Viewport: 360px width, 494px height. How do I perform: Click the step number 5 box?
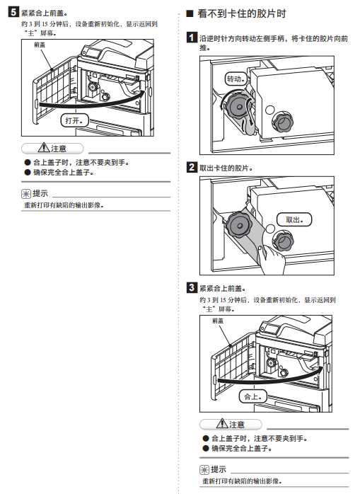click(x=13, y=12)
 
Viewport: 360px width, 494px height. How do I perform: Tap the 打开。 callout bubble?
click(x=75, y=120)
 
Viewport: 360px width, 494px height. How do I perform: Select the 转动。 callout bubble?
click(x=236, y=79)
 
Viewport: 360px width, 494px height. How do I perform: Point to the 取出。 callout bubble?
click(x=294, y=219)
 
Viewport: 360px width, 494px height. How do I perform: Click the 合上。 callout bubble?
click(x=253, y=396)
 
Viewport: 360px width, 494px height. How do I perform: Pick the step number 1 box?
click(x=192, y=38)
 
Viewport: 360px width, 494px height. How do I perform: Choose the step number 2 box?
click(x=192, y=167)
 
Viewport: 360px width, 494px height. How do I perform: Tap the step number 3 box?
click(x=192, y=287)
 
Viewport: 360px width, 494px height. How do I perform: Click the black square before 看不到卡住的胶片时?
click(x=190, y=13)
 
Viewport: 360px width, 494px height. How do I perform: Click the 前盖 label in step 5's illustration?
click(x=40, y=45)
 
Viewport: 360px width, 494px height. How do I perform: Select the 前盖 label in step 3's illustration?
click(x=218, y=321)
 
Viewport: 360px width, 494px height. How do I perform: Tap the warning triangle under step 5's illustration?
click(x=44, y=148)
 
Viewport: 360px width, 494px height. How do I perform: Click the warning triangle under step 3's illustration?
click(x=222, y=424)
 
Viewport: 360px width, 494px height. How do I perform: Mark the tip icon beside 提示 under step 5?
click(x=26, y=193)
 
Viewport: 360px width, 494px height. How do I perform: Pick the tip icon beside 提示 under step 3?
click(x=204, y=470)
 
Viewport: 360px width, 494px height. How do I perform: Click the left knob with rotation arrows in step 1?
click(x=238, y=107)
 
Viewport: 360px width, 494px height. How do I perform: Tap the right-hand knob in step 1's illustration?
click(x=283, y=122)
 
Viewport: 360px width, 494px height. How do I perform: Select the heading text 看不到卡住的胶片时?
click(x=242, y=13)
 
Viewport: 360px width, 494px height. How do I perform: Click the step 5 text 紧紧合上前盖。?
click(x=45, y=13)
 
